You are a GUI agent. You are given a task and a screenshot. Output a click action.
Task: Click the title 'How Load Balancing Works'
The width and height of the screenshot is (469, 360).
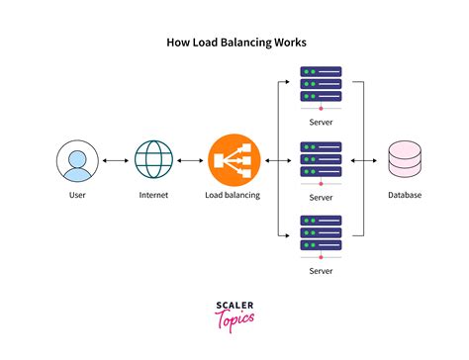(234, 44)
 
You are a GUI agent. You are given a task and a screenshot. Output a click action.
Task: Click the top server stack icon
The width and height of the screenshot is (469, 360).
(320, 85)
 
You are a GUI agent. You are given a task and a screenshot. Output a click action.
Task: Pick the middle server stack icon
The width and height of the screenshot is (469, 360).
(320, 160)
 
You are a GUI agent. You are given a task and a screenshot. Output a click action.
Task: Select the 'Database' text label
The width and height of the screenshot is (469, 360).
(404, 195)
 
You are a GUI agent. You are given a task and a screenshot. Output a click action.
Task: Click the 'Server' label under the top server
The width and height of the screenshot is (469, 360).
(320, 121)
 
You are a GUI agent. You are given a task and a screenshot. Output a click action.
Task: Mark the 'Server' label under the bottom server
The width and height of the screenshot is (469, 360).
(320, 270)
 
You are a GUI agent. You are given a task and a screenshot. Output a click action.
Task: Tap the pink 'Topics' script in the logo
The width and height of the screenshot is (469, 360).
(234, 322)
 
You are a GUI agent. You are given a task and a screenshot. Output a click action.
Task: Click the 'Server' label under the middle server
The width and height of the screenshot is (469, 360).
(320, 197)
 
